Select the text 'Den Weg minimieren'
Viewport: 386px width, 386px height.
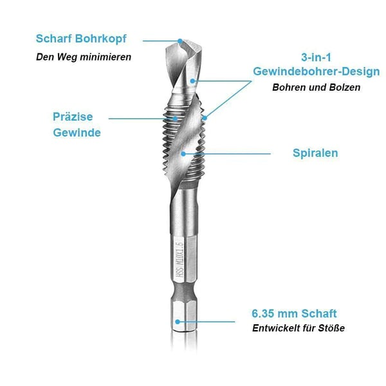click(x=83, y=57)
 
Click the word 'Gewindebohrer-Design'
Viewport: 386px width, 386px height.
click(x=316, y=71)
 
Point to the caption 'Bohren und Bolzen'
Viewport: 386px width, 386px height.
click(x=316, y=87)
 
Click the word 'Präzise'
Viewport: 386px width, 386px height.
click(x=73, y=116)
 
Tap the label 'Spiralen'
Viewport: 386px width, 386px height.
click(x=316, y=153)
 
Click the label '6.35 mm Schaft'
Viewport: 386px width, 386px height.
click(x=294, y=314)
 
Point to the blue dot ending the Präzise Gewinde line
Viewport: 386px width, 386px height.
click(x=174, y=118)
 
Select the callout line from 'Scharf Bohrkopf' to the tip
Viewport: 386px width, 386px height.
click(x=164, y=40)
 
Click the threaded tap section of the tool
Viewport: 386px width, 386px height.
click(x=187, y=135)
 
